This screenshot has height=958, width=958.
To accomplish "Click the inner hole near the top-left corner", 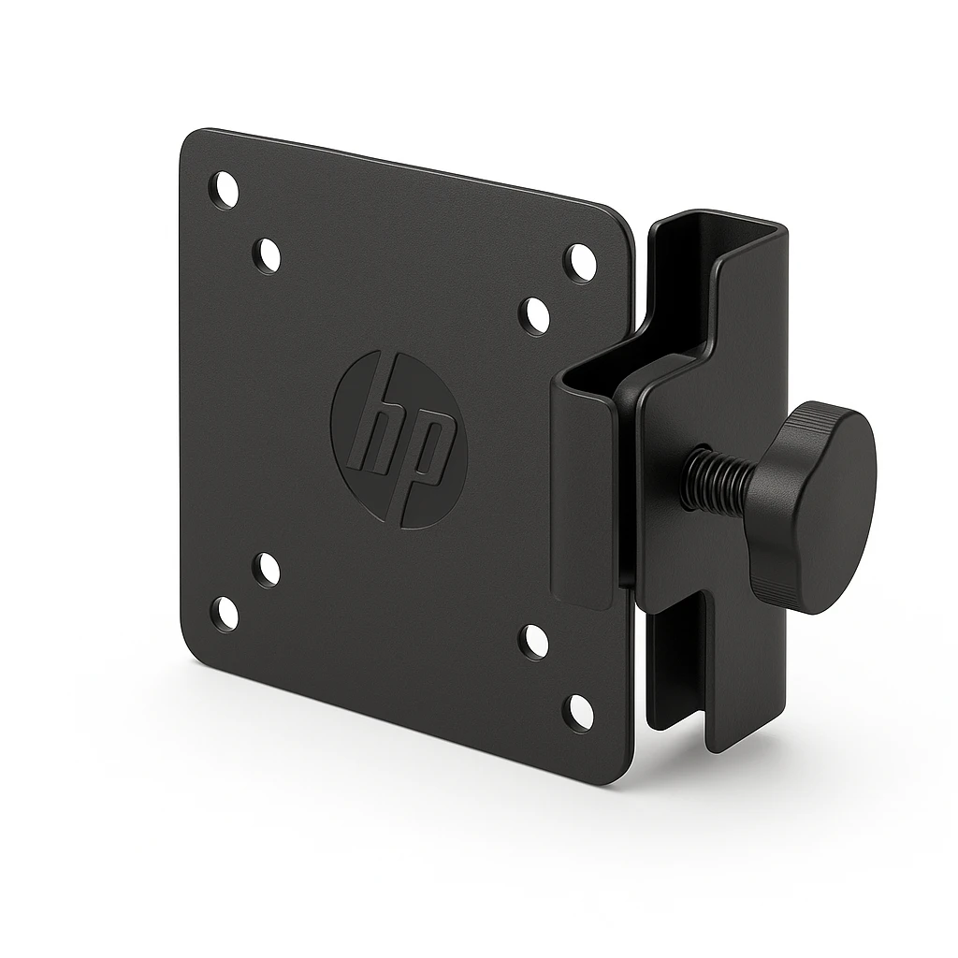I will coord(268,254).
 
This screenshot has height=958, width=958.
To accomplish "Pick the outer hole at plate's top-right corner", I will coord(579,263).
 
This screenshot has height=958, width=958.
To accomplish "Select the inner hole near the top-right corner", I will coord(534,315).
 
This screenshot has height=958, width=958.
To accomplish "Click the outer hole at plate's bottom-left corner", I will coord(225,613).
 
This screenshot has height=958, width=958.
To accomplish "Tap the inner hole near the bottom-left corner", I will coord(268,569).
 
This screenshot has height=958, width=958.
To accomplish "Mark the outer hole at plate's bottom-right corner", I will coord(578,714).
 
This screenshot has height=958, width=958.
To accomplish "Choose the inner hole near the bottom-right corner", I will coord(534,643).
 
